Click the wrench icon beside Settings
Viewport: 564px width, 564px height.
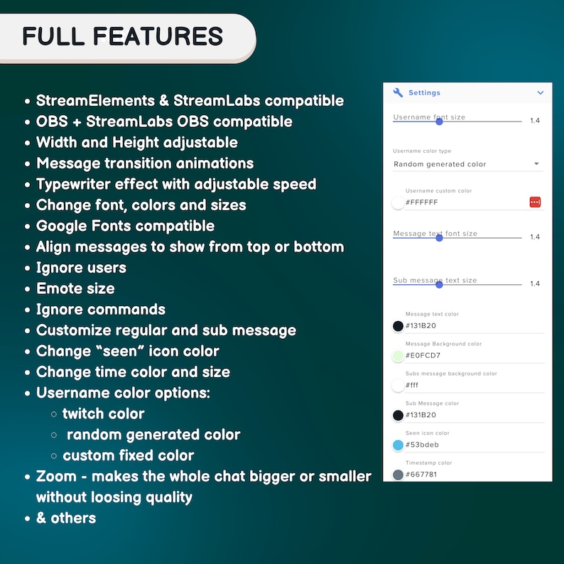coord(398,92)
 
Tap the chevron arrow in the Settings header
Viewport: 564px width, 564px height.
coord(541,93)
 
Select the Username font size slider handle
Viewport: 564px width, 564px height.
coord(439,121)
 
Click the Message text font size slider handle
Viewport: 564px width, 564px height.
coord(439,238)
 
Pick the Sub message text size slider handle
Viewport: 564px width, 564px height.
coord(439,285)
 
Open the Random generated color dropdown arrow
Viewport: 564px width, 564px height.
coord(536,163)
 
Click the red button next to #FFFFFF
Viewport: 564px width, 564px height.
coord(535,202)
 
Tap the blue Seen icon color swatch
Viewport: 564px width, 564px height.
coord(398,445)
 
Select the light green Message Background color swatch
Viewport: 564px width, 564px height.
coord(398,356)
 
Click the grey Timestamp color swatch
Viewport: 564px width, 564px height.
coord(398,474)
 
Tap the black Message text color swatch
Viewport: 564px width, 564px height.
coord(398,326)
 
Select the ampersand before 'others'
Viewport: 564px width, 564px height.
coord(41,518)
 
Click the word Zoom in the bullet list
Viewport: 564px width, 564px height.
coord(57,476)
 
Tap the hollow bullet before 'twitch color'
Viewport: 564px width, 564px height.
coord(54,414)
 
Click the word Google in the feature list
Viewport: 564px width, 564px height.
coord(62,227)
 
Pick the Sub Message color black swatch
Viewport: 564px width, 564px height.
coord(398,415)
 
